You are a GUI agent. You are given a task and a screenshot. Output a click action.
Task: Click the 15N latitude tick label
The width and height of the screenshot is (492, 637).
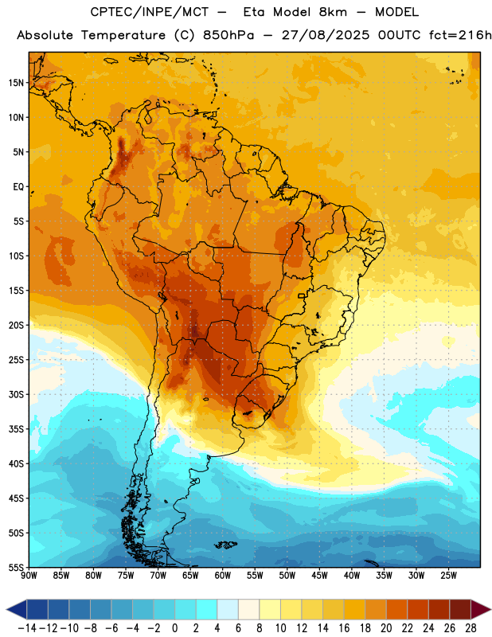coord(16,83)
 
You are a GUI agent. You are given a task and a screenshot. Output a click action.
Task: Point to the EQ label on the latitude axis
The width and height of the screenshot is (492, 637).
coord(18,187)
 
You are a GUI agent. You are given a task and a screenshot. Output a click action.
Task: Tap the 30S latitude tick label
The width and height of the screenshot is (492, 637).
coord(16,394)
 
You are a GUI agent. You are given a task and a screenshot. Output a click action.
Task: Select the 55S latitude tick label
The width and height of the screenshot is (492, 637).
coord(16,567)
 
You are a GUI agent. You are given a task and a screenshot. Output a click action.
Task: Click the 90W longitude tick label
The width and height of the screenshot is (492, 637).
coord(29,575)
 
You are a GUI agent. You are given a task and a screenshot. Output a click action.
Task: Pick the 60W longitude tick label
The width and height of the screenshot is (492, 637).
coord(223,575)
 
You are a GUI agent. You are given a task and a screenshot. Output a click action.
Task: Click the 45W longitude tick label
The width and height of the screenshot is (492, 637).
coord(319,575)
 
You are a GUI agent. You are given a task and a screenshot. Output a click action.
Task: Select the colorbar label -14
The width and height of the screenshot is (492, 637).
coord(27,628)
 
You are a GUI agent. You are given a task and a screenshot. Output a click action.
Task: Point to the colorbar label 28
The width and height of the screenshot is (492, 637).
coord(471,628)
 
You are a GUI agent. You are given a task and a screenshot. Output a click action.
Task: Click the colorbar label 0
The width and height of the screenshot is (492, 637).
coord(174,628)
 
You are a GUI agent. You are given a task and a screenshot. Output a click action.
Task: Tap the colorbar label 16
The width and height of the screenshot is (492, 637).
coord(344,628)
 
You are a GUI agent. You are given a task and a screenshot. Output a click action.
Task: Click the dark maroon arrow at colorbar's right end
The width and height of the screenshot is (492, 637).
coord(481,609)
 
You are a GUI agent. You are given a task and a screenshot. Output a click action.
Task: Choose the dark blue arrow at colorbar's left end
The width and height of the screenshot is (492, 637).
coord(17,609)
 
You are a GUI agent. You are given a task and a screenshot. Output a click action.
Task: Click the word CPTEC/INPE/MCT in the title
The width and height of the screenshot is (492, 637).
coord(150,12)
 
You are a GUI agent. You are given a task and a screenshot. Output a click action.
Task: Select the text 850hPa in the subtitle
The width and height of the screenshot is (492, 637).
coord(228,35)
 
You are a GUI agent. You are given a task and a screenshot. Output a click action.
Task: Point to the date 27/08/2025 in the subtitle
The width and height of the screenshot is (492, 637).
coord(326,35)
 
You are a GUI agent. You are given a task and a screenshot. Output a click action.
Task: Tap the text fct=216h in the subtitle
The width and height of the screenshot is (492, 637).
coord(460,35)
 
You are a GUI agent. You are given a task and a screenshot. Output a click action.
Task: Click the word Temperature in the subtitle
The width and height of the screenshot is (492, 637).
coord(123,35)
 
